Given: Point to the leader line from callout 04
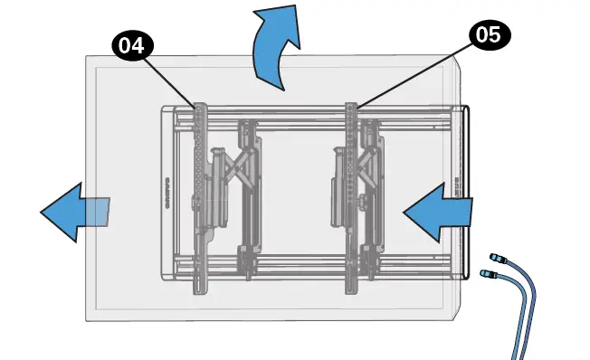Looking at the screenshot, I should [172, 80].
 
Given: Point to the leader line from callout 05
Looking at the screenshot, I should [412, 76].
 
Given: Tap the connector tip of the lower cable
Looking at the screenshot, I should [487, 273].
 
